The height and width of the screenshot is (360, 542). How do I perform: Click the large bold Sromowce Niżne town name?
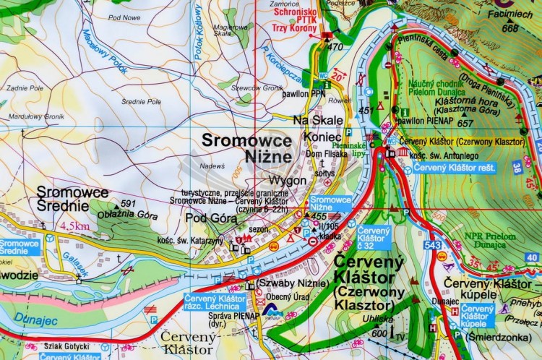point(246,147)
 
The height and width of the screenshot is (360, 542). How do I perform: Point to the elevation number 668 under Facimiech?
point(510,28)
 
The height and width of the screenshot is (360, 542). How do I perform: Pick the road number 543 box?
point(433,247)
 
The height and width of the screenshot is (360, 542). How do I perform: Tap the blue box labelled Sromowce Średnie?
point(20,248)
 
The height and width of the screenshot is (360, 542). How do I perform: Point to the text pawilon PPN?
point(309,92)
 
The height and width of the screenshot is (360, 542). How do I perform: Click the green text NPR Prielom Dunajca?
point(491,241)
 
